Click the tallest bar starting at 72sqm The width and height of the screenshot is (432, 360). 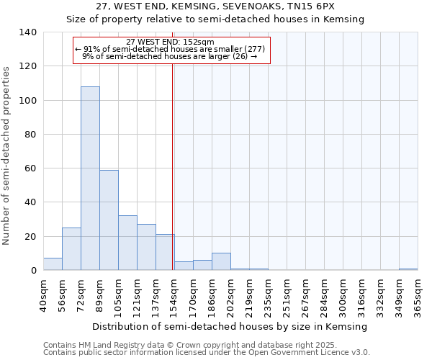[x=90, y=179]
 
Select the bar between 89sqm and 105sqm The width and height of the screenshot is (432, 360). [x=109, y=220]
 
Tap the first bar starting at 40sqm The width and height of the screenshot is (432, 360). [x=53, y=264]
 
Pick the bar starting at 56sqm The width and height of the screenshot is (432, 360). [x=71, y=249]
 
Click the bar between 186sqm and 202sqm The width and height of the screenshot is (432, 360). [x=221, y=262]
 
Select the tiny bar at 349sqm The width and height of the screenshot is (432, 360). [x=408, y=269]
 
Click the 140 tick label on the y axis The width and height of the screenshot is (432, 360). [x=28, y=32]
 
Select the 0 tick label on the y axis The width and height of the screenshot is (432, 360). [x=34, y=271]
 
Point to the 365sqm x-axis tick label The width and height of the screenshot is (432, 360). [x=418, y=295]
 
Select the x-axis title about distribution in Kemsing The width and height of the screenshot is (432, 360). [x=230, y=327]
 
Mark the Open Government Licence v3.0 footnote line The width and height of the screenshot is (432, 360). [x=207, y=353]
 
